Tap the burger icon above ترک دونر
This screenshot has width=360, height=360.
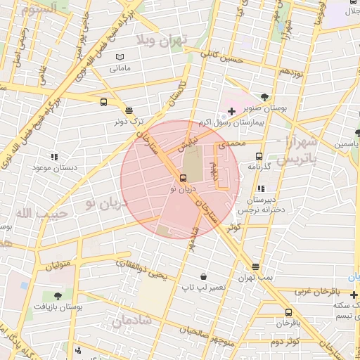pyautogui.click(x=128, y=110)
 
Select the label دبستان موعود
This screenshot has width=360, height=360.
pyautogui.click(x=54, y=168)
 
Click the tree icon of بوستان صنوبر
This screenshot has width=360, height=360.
pyautogui.click(x=264, y=97)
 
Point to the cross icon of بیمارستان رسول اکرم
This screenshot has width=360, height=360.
pyautogui.click(x=231, y=111)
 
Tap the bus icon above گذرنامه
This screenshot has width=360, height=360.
pyautogui.click(x=259, y=156)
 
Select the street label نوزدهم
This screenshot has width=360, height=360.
pyautogui.click(x=290, y=72)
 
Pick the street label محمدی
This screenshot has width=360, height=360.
pyautogui.click(x=233, y=145)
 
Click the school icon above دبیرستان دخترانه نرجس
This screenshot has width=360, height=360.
pyautogui.click(x=262, y=188)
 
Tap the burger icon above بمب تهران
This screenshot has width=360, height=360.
pyautogui.click(x=255, y=266)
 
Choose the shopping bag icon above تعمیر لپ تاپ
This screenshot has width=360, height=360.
pyautogui.click(x=203, y=276)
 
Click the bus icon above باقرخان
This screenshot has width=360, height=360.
pyautogui.click(x=288, y=312)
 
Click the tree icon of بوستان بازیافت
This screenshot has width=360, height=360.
pyautogui.click(x=58, y=296)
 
